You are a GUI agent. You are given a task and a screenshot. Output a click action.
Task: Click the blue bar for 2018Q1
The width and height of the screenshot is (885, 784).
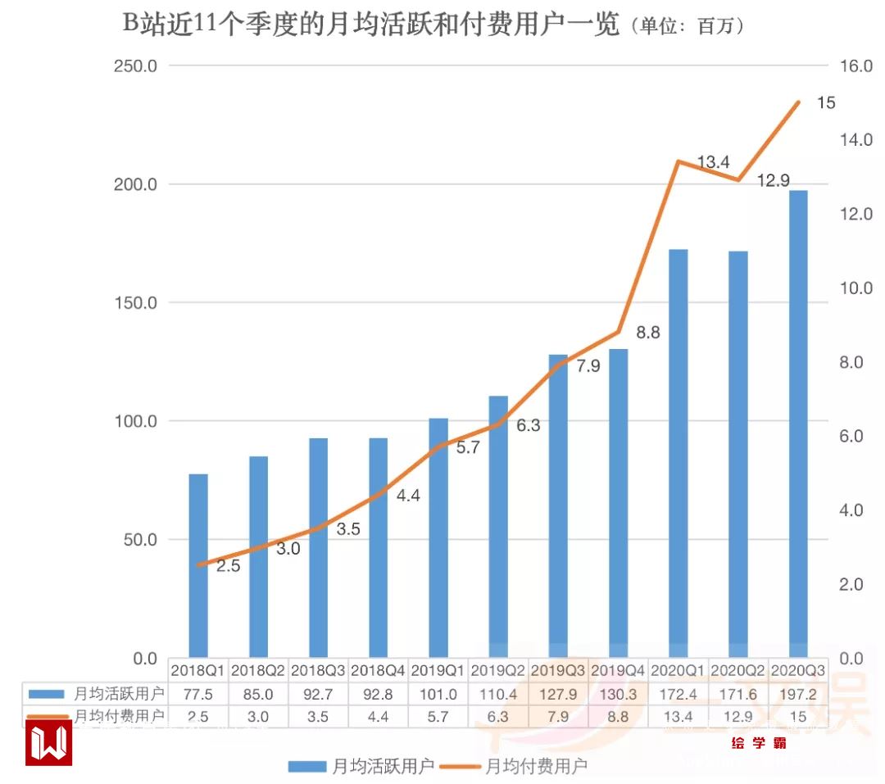tap(198, 565)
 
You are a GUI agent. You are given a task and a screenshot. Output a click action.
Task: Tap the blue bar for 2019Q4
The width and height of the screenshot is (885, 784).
tap(619, 503)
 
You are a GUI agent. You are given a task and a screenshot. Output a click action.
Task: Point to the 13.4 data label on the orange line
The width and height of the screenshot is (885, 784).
tap(713, 162)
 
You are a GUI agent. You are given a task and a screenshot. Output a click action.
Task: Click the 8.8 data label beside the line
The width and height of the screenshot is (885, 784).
tap(648, 333)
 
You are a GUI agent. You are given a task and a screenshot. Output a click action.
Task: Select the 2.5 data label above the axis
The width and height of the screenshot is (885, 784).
tap(228, 565)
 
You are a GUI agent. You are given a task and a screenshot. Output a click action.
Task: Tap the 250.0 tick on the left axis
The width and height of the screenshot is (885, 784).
tap(134, 66)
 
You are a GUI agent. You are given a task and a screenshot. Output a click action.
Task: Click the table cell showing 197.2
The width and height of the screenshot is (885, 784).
tap(799, 693)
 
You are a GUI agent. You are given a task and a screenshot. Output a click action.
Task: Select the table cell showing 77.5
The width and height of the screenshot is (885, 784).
tap(198, 693)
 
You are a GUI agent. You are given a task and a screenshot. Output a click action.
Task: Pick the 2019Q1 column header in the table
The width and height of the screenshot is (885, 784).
tap(438, 669)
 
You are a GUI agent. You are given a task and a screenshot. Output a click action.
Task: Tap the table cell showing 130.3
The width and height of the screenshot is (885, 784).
tap(619, 693)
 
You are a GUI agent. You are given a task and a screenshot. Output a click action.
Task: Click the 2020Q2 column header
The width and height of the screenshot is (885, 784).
tap(738, 669)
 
